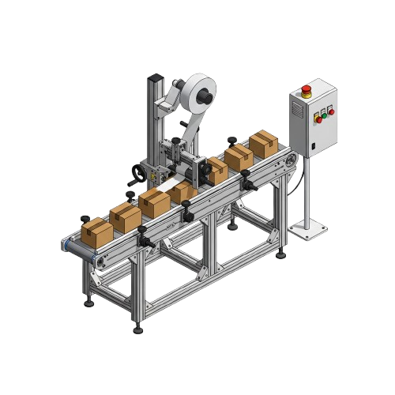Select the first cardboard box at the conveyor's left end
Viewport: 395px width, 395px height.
coord(97,231)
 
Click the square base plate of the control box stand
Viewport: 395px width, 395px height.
coord(308,230)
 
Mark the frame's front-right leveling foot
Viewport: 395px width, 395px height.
coord(280,254)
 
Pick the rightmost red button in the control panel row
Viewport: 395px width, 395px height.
coord(331,113)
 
